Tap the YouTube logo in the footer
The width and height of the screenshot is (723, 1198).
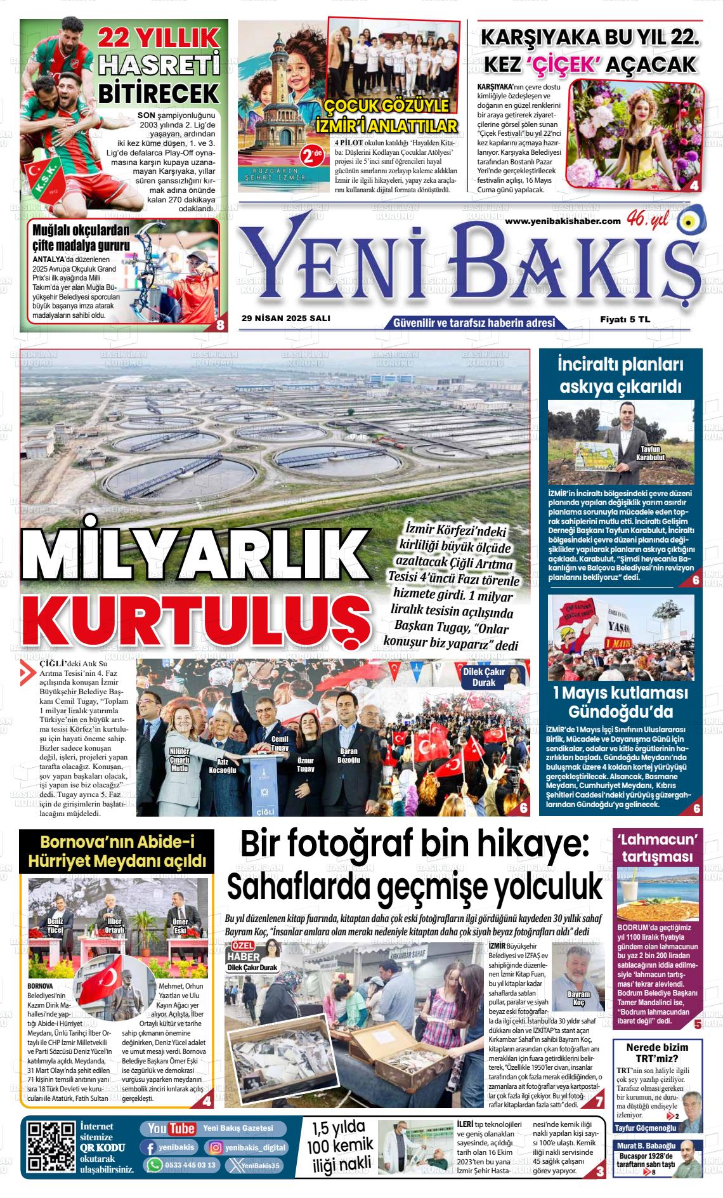(171, 1128)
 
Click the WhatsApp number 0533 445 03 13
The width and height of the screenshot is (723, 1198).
(180, 1165)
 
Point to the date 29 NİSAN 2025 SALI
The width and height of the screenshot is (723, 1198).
(286, 319)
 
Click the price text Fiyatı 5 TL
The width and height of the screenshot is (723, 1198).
(625, 320)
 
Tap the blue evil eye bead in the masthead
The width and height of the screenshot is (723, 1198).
(687, 221)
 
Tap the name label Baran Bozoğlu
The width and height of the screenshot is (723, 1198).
(349, 756)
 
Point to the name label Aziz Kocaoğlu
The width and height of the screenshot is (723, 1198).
(223, 765)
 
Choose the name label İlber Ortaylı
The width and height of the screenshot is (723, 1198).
(115, 926)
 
